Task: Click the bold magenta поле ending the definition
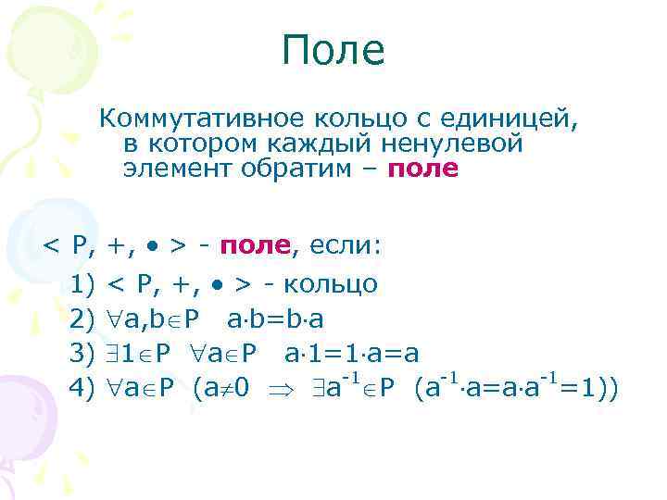click(423, 169)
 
